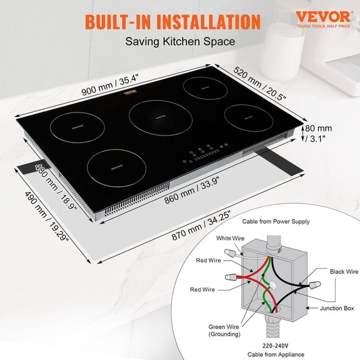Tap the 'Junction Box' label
336,308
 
